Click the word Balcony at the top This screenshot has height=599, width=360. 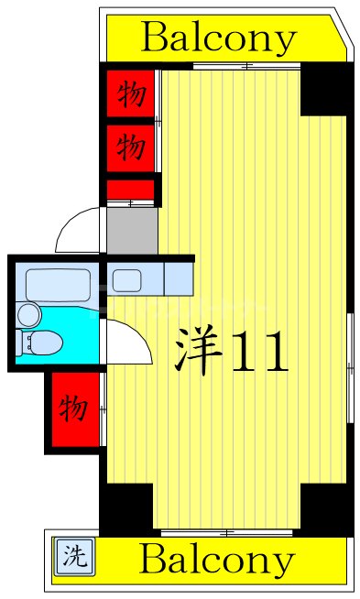[x=220, y=38]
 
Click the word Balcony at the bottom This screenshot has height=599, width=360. [x=218, y=559]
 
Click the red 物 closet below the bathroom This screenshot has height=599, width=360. [x=74, y=408]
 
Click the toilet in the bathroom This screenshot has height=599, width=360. [x=41, y=343]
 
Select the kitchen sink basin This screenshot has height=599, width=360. [x=125, y=279]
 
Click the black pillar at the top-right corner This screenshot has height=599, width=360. [x=324, y=90]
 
